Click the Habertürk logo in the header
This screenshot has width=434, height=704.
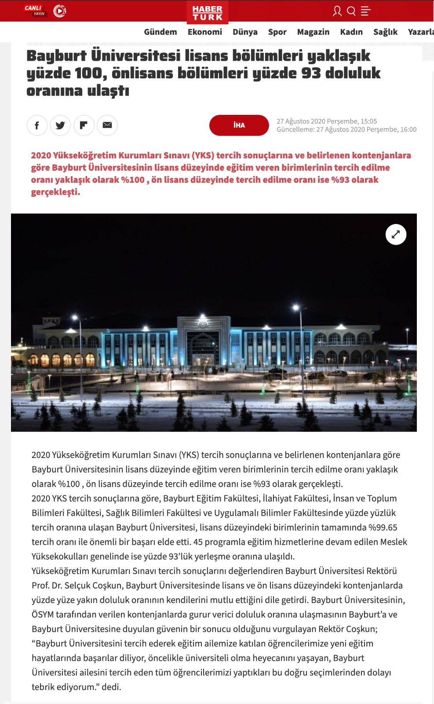coord(208,12)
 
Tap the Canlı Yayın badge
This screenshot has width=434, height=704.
coord(35,11)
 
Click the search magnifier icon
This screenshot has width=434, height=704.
coord(351,11)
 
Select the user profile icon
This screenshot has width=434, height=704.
coord(337,11)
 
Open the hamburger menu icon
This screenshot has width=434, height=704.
coord(365,11)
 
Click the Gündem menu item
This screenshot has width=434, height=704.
coord(160,32)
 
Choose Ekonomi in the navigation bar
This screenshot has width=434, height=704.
coord(205,32)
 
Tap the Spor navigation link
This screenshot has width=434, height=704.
coord(277,32)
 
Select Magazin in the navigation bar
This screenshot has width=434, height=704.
coord(313,32)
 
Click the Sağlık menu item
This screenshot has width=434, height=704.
coord(385,32)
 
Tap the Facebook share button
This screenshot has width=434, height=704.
coord(37,125)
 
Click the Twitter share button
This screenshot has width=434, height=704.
coord(60,125)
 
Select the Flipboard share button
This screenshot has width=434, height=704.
coord(84,125)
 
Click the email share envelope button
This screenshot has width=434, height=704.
coord(107,125)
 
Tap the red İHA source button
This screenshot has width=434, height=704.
coord(239,125)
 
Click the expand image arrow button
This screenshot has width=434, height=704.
coord(396,235)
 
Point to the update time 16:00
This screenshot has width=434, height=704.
coord(408,129)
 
